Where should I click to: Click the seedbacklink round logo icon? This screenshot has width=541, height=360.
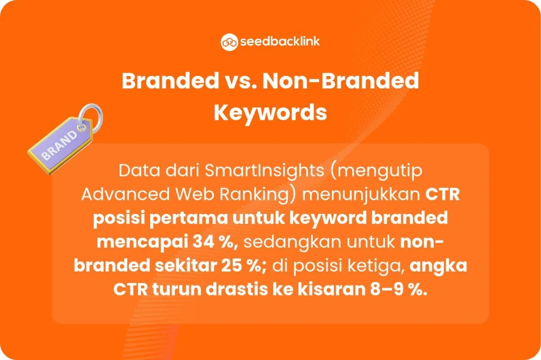click(x=229, y=42)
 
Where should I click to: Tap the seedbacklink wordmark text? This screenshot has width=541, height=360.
click(x=280, y=42)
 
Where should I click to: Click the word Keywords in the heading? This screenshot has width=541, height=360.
click(x=270, y=113)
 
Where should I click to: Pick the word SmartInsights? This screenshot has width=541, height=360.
click(x=265, y=171)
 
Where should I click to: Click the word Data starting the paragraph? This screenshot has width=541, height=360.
click(x=139, y=171)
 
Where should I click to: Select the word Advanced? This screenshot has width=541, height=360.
click(x=126, y=194)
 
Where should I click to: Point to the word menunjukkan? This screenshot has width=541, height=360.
click(x=361, y=195)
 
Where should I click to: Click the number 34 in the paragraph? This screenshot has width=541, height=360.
click(x=203, y=242)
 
